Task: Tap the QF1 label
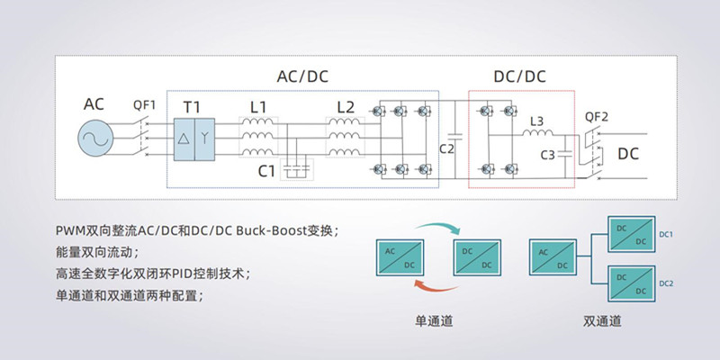point(144,104)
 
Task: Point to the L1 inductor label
point(258,107)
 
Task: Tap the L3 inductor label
point(536,121)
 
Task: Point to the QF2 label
point(597,116)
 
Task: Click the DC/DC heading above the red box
point(519,76)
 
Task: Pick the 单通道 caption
point(433,319)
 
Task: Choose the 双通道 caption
point(602,319)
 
